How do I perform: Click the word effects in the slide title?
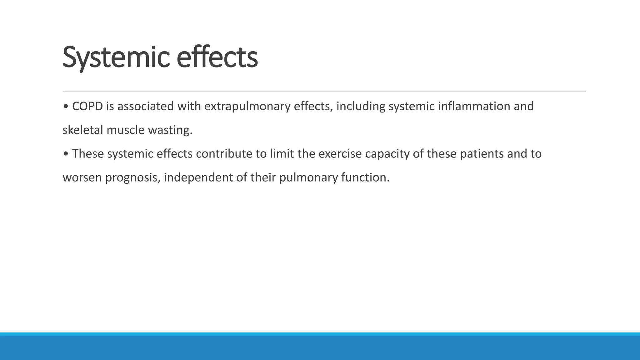click(217, 57)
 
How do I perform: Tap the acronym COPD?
click(87, 106)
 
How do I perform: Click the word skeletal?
click(83, 130)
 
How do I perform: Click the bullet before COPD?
click(65, 107)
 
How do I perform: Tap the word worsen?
click(82, 178)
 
